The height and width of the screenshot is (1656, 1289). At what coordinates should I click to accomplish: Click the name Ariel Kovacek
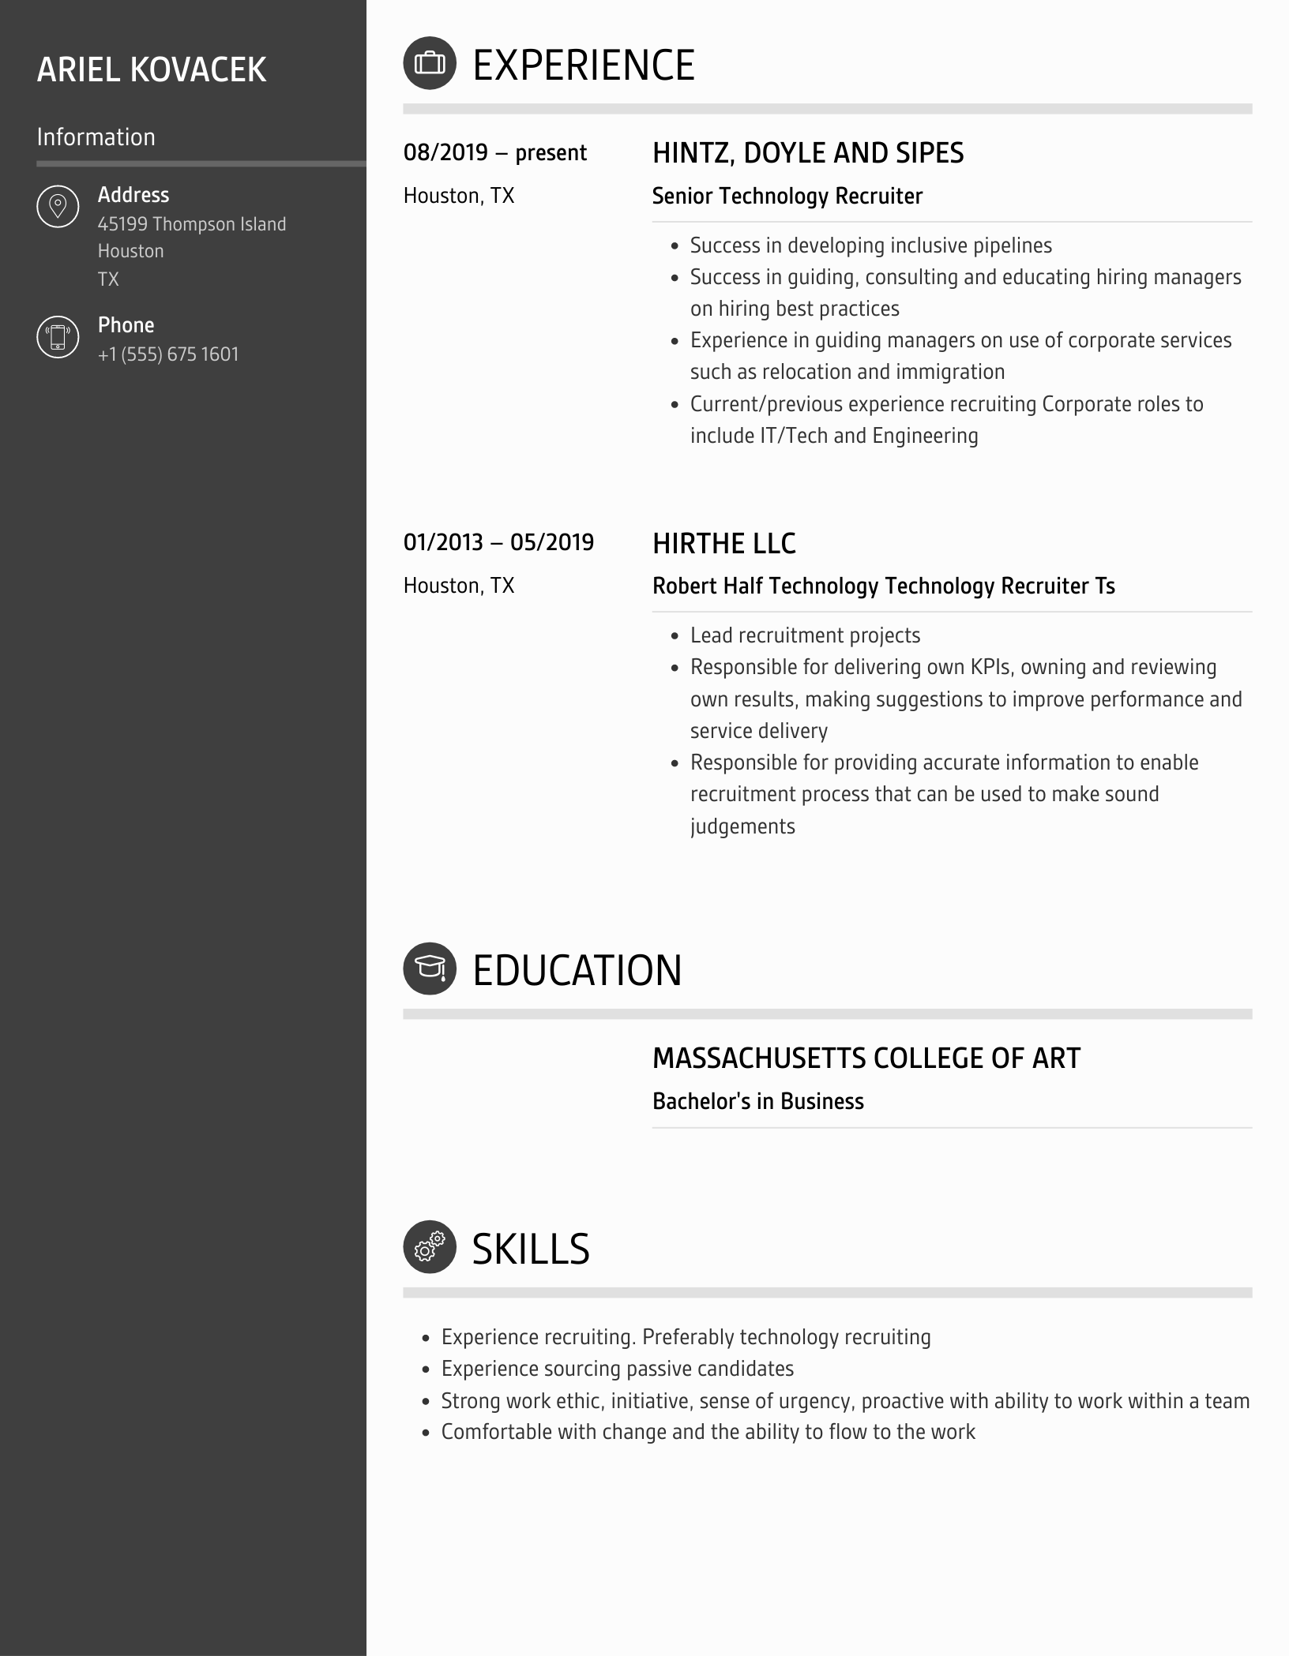pyautogui.click(x=152, y=69)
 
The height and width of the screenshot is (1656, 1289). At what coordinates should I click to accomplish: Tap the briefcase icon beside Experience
pyautogui.click(x=430, y=63)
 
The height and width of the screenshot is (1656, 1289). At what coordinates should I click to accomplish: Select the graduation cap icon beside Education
pyautogui.click(x=430, y=968)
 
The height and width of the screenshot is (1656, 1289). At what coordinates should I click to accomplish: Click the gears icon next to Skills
pyautogui.click(x=430, y=1247)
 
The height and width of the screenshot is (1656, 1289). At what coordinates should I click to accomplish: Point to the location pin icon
pyautogui.click(x=58, y=207)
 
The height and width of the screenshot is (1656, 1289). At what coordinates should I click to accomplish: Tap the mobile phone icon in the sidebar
pyautogui.click(x=58, y=337)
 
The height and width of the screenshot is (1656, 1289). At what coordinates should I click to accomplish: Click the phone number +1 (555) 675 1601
pyautogui.click(x=168, y=354)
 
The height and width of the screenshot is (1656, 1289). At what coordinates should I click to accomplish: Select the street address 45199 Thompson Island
pyautogui.click(x=192, y=224)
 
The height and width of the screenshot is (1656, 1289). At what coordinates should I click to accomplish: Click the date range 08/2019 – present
pyautogui.click(x=494, y=152)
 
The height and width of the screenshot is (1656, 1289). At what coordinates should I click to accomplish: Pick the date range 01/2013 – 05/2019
pyautogui.click(x=498, y=542)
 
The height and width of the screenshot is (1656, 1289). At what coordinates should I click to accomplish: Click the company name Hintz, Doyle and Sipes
pyautogui.click(x=808, y=153)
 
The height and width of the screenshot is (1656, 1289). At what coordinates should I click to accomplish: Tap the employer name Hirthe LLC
pyautogui.click(x=723, y=543)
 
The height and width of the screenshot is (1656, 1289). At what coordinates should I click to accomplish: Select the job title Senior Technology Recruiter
pyautogui.click(x=787, y=196)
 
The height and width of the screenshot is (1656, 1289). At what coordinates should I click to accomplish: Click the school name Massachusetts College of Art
pyautogui.click(x=866, y=1058)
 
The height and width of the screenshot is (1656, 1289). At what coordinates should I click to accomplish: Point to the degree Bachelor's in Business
pyautogui.click(x=757, y=1101)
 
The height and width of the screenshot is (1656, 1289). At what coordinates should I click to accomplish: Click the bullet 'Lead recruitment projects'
pyautogui.click(x=805, y=635)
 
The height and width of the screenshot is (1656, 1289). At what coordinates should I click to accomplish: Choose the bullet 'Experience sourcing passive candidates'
pyautogui.click(x=617, y=1369)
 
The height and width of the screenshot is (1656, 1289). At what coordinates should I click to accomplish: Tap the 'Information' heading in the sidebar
pyautogui.click(x=96, y=137)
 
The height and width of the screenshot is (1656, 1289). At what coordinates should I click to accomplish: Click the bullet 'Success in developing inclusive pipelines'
pyautogui.click(x=870, y=245)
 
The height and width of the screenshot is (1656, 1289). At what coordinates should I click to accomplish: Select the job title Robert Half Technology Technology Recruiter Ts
pyautogui.click(x=883, y=586)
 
